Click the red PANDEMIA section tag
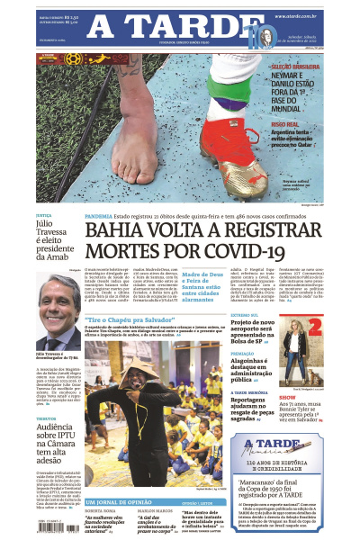coord(98,217)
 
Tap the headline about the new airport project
coord(261,328)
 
